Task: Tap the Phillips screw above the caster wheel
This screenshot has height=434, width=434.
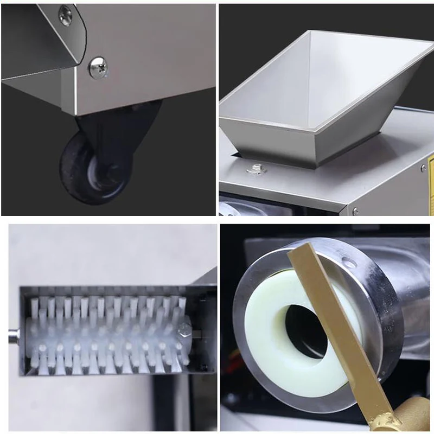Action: coord(98,68)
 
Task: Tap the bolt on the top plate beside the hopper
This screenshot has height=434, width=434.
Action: coord(255,169)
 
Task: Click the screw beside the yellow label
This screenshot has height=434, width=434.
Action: coord(422,168)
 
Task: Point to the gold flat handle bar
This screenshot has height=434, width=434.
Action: coord(336,325)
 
